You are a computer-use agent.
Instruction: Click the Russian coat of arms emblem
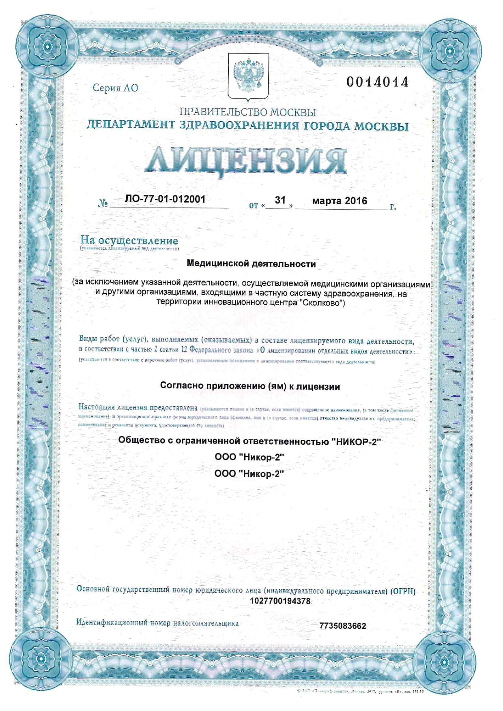pyautogui.click(x=248, y=76)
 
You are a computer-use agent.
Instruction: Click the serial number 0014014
pyautogui.click(x=377, y=82)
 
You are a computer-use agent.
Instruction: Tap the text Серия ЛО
pyautogui.click(x=115, y=88)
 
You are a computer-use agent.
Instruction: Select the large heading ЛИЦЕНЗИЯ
pyautogui.click(x=246, y=161)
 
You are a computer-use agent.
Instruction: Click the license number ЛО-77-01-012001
pyautogui.click(x=165, y=199)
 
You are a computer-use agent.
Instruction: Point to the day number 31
pyautogui.click(x=280, y=200)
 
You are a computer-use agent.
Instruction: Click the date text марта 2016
pyautogui.click(x=340, y=201)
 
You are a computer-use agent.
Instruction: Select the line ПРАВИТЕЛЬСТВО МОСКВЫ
pyautogui.click(x=247, y=112)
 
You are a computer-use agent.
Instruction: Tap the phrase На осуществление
pyautogui.click(x=129, y=240)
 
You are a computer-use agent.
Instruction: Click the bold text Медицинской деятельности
pyautogui.click(x=251, y=264)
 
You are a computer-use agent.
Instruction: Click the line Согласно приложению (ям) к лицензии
pyautogui.click(x=250, y=386)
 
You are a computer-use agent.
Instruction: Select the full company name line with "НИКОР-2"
pyautogui.click(x=250, y=441)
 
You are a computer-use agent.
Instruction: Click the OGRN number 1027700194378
pyautogui.click(x=280, y=601)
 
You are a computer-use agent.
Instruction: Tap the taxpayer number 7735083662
pyautogui.click(x=343, y=626)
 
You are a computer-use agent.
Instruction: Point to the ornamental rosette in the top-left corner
pyautogui.click(x=47, y=47)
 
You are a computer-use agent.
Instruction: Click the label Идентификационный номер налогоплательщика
pyautogui.click(x=157, y=623)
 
